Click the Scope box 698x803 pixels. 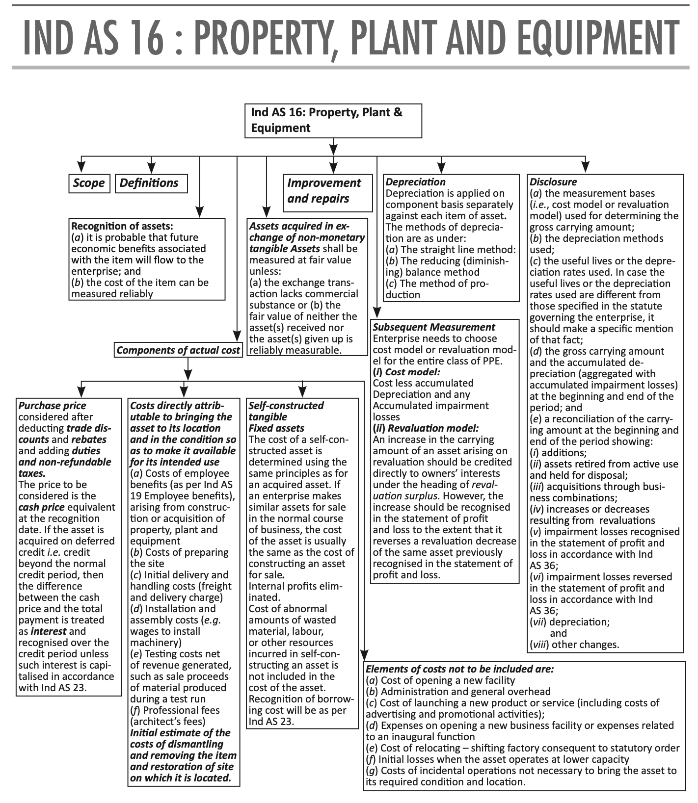pyautogui.click(x=89, y=183)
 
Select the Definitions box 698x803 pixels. pyautogui.click(x=151, y=183)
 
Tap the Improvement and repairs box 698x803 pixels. pyautogui.click(x=327, y=191)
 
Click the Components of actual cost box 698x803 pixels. pyautogui.click(x=178, y=350)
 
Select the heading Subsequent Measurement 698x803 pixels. pyautogui.click(x=434, y=327)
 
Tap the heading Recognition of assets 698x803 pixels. pyautogui.click(x=122, y=227)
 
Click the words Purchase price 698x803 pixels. pyautogui.click(x=52, y=406)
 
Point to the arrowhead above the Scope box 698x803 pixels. pyautogui.click(x=82, y=167)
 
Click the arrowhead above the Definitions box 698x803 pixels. pyautogui.click(x=152, y=167)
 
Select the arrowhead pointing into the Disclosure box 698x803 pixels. pyautogui.click(x=585, y=167)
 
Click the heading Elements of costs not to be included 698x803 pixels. pyautogui.click(x=460, y=669)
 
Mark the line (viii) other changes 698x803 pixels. pyautogui.click(x=574, y=645)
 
